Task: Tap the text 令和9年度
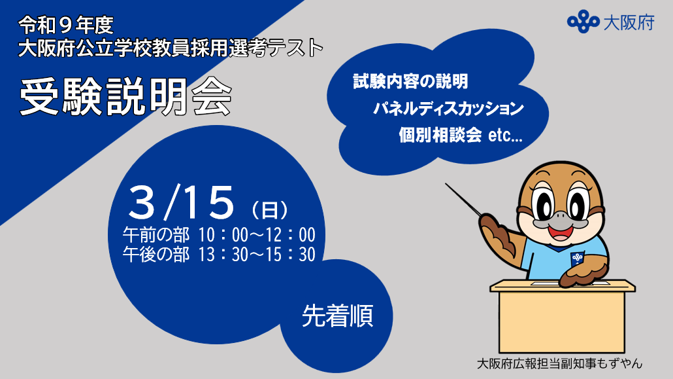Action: [x=67, y=26]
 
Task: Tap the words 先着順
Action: [x=337, y=317]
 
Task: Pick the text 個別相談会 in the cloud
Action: [x=440, y=135]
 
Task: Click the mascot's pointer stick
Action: [x=465, y=199]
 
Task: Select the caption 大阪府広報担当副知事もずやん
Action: [x=560, y=363]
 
